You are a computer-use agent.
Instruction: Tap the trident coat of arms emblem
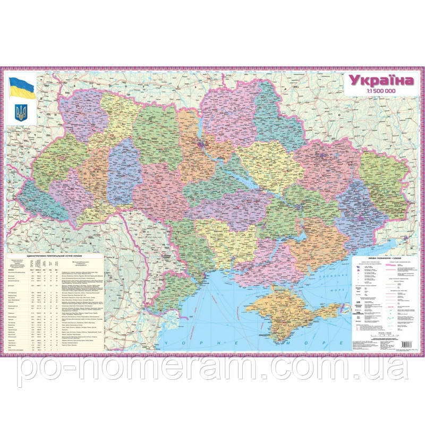[21, 111]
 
